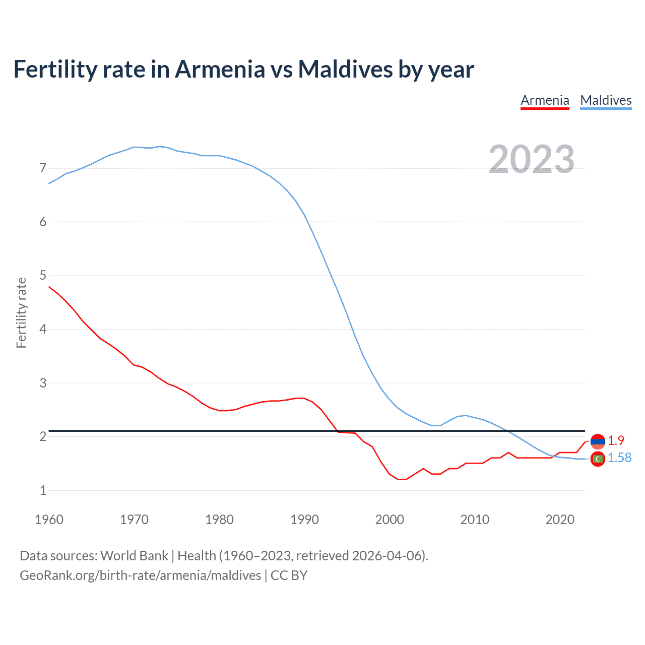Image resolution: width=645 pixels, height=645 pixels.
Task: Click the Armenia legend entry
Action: pyautogui.click(x=545, y=100)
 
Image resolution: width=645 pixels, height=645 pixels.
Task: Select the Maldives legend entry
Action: pyautogui.click(x=606, y=100)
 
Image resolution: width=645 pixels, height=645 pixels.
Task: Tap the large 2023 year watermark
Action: pyautogui.click(x=531, y=159)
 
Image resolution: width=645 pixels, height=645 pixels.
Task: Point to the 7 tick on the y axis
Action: pyautogui.click(x=43, y=168)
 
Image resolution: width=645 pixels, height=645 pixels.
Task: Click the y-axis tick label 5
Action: pyautogui.click(x=43, y=275)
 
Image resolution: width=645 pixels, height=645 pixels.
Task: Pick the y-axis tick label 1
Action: pyautogui.click(x=43, y=490)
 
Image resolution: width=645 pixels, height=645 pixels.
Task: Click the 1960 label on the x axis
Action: pyautogui.click(x=49, y=520)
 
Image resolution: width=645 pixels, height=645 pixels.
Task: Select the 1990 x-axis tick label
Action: pyautogui.click(x=304, y=520)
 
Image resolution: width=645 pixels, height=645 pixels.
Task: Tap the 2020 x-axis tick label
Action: pyautogui.click(x=560, y=520)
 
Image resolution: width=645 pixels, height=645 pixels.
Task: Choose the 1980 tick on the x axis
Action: pyautogui.click(x=219, y=520)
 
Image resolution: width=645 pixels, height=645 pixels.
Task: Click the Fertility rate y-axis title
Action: pyautogui.click(x=21, y=312)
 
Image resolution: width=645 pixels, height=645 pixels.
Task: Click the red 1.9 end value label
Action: pyautogui.click(x=616, y=440)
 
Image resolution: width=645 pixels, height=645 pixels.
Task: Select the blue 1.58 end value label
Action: pyautogui.click(x=619, y=458)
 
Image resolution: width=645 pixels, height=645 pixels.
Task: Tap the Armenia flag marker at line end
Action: pyautogui.click(x=598, y=441)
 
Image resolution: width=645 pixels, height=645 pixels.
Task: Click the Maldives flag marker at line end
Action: pyautogui.click(x=598, y=459)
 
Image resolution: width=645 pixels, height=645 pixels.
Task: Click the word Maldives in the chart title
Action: pyautogui.click(x=345, y=69)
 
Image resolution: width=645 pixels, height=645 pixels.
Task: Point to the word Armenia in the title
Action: pyautogui.click(x=220, y=69)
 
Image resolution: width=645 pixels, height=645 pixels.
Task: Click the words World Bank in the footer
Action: pyautogui.click(x=134, y=556)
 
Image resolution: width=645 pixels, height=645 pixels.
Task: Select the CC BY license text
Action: pyautogui.click(x=289, y=575)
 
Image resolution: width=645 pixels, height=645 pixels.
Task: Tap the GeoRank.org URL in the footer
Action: pyautogui.click(x=140, y=575)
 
